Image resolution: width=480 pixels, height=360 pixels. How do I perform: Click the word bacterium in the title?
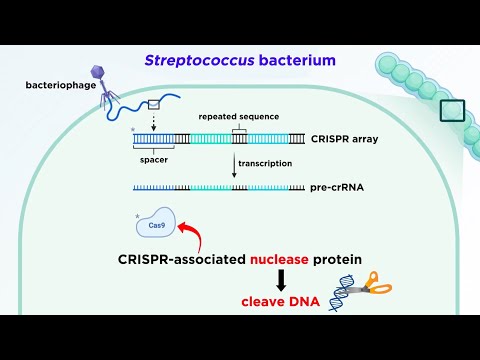coord(300,61)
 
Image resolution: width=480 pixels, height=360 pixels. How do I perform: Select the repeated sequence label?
coord(238,115)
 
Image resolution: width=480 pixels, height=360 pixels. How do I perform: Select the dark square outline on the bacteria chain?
coord(453,111)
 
